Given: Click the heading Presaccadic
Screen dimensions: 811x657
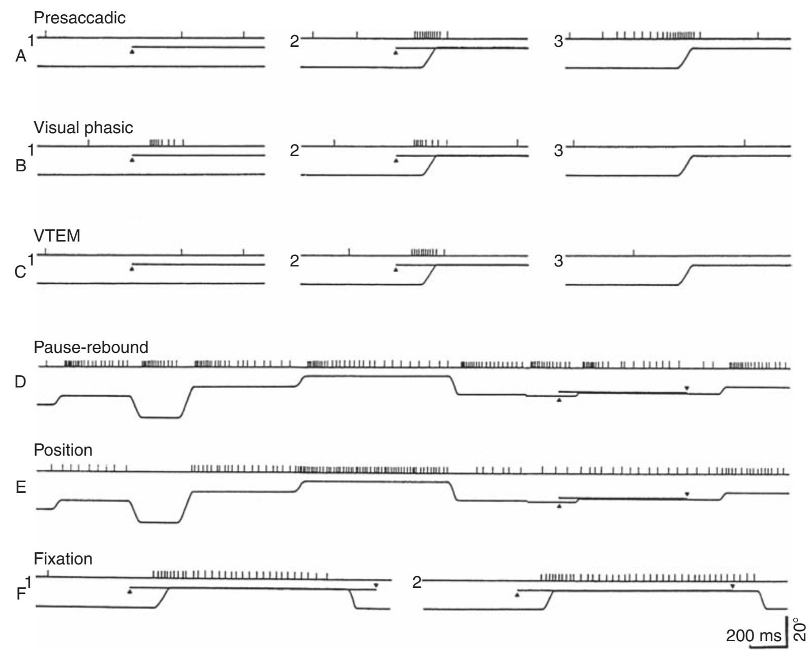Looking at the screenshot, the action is click(x=80, y=18).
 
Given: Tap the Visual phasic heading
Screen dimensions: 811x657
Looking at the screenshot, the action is click(x=83, y=128).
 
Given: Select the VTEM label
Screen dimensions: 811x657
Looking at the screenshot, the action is click(x=57, y=236).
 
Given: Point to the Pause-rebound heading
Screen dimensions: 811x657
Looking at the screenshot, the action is click(x=91, y=347).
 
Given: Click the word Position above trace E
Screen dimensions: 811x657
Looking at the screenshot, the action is click(x=63, y=450).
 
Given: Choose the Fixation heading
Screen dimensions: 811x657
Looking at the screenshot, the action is click(x=63, y=559).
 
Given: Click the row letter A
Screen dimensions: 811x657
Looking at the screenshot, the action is click(x=21, y=56).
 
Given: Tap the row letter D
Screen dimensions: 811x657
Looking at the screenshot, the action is click(x=20, y=382).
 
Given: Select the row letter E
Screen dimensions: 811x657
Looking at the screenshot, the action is click(x=21, y=487).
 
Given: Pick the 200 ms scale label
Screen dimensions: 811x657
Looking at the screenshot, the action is click(x=754, y=636).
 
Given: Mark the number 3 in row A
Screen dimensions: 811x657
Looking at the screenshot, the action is click(x=558, y=42).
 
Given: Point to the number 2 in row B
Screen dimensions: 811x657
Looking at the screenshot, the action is click(x=294, y=151).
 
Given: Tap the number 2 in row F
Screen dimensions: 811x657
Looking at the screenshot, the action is click(x=417, y=583).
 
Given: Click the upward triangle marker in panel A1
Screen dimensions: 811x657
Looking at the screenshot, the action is click(x=132, y=51).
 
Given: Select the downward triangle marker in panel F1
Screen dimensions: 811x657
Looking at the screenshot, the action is click(x=376, y=585).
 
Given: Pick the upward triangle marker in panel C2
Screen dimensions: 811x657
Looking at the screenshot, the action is click(x=396, y=270).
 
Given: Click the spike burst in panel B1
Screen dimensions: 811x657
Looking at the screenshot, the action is click(x=167, y=143).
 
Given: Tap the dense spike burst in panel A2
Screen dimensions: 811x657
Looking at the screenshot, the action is click(x=428, y=35).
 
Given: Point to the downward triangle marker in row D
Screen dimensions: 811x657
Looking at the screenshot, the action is click(x=686, y=389).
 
